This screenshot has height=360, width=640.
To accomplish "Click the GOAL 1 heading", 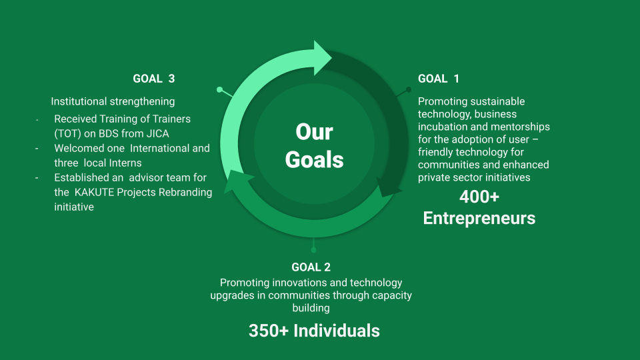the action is [x=439, y=79].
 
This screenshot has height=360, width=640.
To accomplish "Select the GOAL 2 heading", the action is [x=311, y=267].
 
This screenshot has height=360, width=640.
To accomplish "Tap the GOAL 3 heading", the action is [x=154, y=79].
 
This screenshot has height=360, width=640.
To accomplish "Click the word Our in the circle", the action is [x=314, y=132].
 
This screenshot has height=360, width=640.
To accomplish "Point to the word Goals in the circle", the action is [x=314, y=159].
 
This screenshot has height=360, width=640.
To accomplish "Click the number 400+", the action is [x=479, y=197].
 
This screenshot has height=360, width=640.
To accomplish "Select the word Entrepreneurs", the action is [x=479, y=218].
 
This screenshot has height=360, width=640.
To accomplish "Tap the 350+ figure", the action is [x=269, y=331].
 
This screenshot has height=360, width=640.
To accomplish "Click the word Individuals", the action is [x=337, y=331].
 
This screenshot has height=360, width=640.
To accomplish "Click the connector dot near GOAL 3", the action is [x=219, y=89].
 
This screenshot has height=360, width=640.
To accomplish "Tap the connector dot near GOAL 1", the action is [x=409, y=89].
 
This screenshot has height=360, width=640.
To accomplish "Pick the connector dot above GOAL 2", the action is [x=313, y=250].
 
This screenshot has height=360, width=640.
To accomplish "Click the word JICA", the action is [x=157, y=133].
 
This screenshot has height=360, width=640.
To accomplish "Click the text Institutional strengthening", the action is [x=113, y=101].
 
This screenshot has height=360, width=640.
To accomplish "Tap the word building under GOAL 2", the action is [x=311, y=308].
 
